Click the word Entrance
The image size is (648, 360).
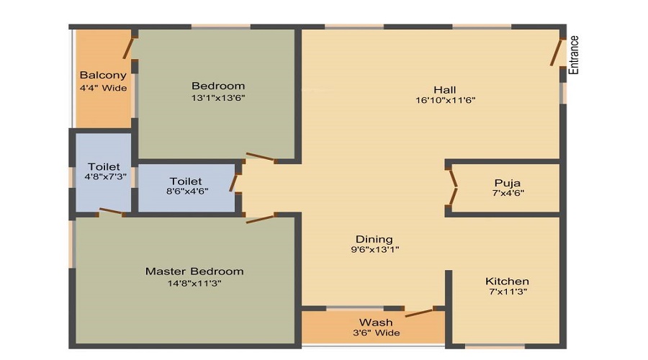(574, 55)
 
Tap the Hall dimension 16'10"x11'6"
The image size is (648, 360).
(445, 100)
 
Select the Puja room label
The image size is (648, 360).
(507, 183)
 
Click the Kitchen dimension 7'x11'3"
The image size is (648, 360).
(507, 292)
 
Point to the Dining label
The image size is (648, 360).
(374, 239)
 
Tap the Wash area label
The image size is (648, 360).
(376, 323)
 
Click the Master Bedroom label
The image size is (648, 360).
(194, 271)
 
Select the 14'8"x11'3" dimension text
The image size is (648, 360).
(194, 284)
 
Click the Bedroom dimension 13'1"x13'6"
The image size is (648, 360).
(218, 98)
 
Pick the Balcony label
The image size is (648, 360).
(103, 75)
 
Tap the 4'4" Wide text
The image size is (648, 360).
(103, 88)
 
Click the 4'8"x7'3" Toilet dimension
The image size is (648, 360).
(105, 176)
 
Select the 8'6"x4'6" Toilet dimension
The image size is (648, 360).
(186, 191)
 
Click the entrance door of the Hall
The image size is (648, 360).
(557, 52)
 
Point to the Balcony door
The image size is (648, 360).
(129, 48)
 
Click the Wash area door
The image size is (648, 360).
(420, 312)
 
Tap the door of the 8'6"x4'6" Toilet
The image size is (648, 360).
(234, 182)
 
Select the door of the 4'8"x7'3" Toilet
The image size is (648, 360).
(112, 211)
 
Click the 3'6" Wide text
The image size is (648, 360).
(376, 333)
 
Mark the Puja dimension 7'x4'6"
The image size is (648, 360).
(508, 193)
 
